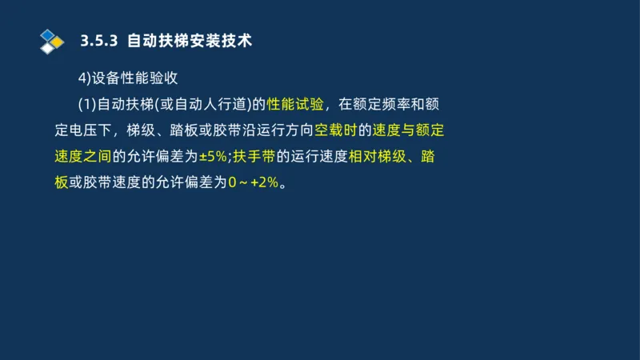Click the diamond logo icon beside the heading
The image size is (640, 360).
pyautogui.click(x=51, y=40)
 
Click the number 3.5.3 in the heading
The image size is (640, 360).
pyautogui.click(x=101, y=40)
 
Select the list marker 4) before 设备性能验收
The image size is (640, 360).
pyautogui.click(x=84, y=78)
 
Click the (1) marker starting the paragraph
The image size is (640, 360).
pyautogui.click(x=86, y=104)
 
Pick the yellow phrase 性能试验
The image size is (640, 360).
pyautogui.click(x=296, y=104)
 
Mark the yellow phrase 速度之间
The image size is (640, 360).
pyautogui.click(x=82, y=156)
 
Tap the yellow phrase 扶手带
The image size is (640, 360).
pyautogui.click(x=254, y=156)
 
